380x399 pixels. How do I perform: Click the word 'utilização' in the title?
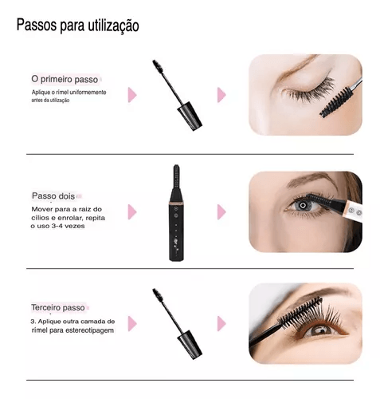(113, 26)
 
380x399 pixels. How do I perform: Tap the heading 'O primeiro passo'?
(65, 79)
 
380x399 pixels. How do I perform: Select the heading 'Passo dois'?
(53, 196)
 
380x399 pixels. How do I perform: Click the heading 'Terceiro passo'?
(58, 307)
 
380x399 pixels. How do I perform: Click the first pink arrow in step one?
(132, 95)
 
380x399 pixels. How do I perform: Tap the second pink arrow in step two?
(221, 212)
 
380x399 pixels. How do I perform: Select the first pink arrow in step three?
(132, 324)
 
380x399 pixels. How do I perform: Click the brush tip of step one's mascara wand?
(158, 66)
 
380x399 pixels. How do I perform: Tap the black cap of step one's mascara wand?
(190, 116)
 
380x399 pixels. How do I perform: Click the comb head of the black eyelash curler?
(176, 176)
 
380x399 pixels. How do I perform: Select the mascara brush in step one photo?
(336, 103)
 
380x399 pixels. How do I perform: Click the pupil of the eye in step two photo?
(303, 205)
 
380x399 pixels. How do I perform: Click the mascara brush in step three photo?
(301, 313)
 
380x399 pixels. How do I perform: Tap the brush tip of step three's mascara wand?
(158, 294)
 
